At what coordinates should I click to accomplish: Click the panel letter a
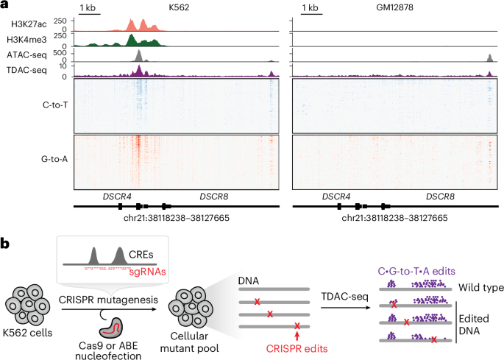pyautogui.click(x=5, y=6)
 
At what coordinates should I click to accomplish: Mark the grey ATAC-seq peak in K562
pyautogui.click(x=138, y=56)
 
